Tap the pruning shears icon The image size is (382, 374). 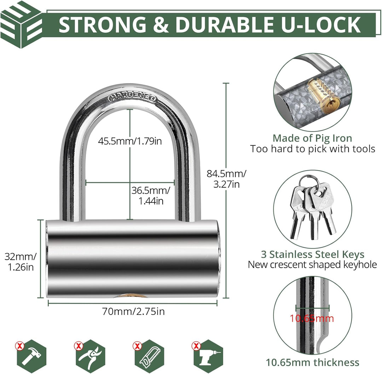[x=91, y=356]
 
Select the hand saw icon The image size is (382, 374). [x=150, y=356]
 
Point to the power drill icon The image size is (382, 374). [x=209, y=356]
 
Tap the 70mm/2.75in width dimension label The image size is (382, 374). [x=133, y=311]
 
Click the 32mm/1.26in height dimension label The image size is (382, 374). [x=21, y=262]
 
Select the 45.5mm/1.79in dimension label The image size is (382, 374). [x=130, y=141]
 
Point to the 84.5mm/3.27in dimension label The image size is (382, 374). [x=226, y=179]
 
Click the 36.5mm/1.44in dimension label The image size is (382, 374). [x=151, y=195]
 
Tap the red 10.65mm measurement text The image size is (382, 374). [x=312, y=318]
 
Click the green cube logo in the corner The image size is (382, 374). [x=21, y=25]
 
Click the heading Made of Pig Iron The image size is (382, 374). [x=312, y=138]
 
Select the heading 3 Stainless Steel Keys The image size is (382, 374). [x=313, y=254]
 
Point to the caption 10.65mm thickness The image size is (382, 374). [x=312, y=362]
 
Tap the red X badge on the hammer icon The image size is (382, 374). [x=20, y=345]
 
